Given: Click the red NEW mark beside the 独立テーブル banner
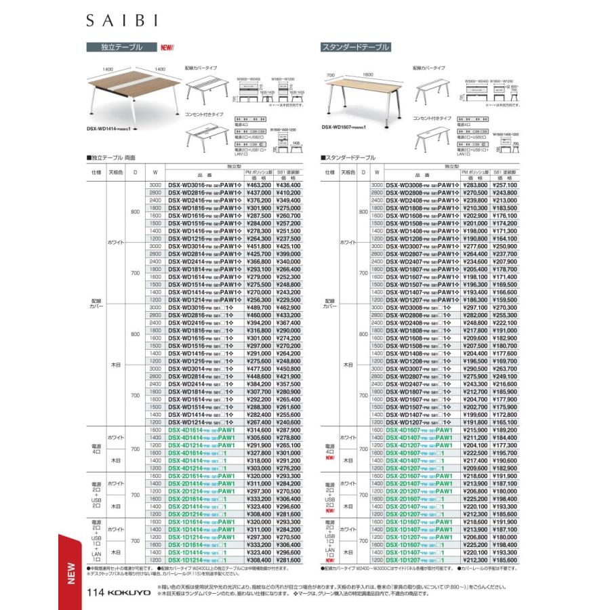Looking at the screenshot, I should tap(167, 47).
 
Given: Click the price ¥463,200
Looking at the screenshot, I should tap(258, 185).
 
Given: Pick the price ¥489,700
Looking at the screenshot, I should tap(258, 307).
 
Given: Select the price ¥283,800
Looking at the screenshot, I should tap(474, 185).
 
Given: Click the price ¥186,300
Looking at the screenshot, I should tap(474, 299).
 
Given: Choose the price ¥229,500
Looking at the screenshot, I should tap(288, 299).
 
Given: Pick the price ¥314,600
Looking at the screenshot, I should tap(258, 430).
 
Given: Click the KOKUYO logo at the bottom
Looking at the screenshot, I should tap(129, 592).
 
